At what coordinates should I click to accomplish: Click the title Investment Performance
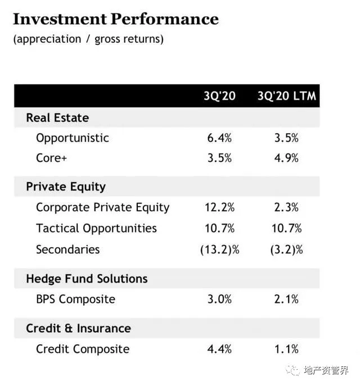(115, 19)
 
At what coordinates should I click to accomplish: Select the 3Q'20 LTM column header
(287, 96)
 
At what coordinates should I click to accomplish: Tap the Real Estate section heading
(57, 118)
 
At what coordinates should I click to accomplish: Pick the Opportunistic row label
(73, 138)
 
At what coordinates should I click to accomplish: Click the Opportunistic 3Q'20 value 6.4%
(219, 138)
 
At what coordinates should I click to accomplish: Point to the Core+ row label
(52, 158)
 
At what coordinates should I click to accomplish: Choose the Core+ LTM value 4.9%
(286, 158)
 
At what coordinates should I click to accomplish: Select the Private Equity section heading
(66, 187)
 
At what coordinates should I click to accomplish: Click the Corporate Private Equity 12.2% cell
(219, 207)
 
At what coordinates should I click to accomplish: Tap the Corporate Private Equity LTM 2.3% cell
(286, 207)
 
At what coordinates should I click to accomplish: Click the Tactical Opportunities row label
(96, 228)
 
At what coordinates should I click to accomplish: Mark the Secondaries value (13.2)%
(219, 249)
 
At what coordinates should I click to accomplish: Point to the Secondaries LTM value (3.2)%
(286, 249)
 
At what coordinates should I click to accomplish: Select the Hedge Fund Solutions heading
(87, 279)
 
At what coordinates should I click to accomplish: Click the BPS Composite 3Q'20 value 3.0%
(219, 299)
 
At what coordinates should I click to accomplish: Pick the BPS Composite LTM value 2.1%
(286, 299)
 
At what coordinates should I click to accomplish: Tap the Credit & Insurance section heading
(78, 328)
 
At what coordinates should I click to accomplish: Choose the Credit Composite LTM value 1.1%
(286, 349)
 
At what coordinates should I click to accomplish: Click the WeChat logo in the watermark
(294, 370)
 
